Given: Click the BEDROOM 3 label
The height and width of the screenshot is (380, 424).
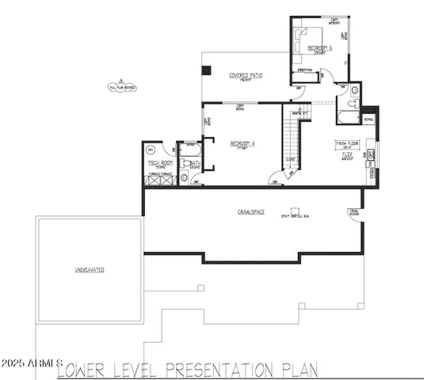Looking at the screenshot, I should click(x=319, y=48).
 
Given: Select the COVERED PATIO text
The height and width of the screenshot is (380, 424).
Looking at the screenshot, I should click(x=246, y=75).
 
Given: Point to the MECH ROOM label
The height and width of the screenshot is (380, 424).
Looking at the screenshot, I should click(x=161, y=163).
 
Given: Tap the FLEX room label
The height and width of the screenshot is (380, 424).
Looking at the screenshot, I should click(x=347, y=154).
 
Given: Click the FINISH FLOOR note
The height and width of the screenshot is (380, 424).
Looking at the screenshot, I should click(x=347, y=143).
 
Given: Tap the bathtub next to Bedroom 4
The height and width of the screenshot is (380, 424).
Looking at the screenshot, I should click(x=190, y=147).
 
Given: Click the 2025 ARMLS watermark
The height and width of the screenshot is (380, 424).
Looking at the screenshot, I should click(x=32, y=363).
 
